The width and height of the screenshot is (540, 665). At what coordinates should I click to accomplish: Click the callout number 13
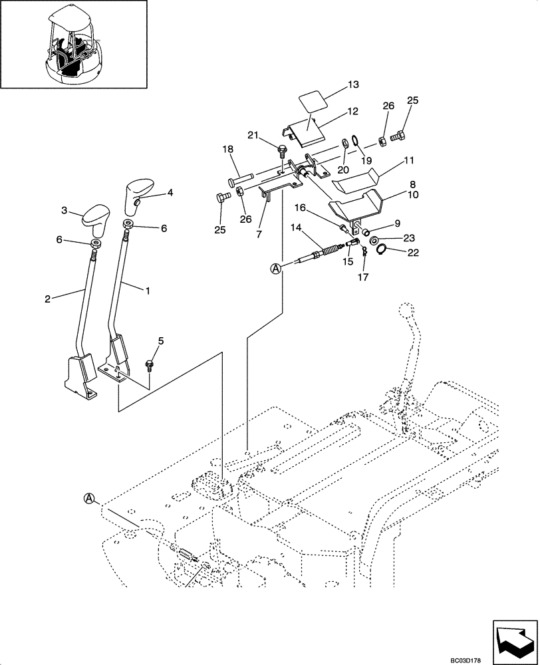tap(352, 85)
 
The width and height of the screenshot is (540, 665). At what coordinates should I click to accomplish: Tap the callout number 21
tap(253, 136)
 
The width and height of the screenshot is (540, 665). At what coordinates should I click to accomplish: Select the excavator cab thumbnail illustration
tap(73, 45)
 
